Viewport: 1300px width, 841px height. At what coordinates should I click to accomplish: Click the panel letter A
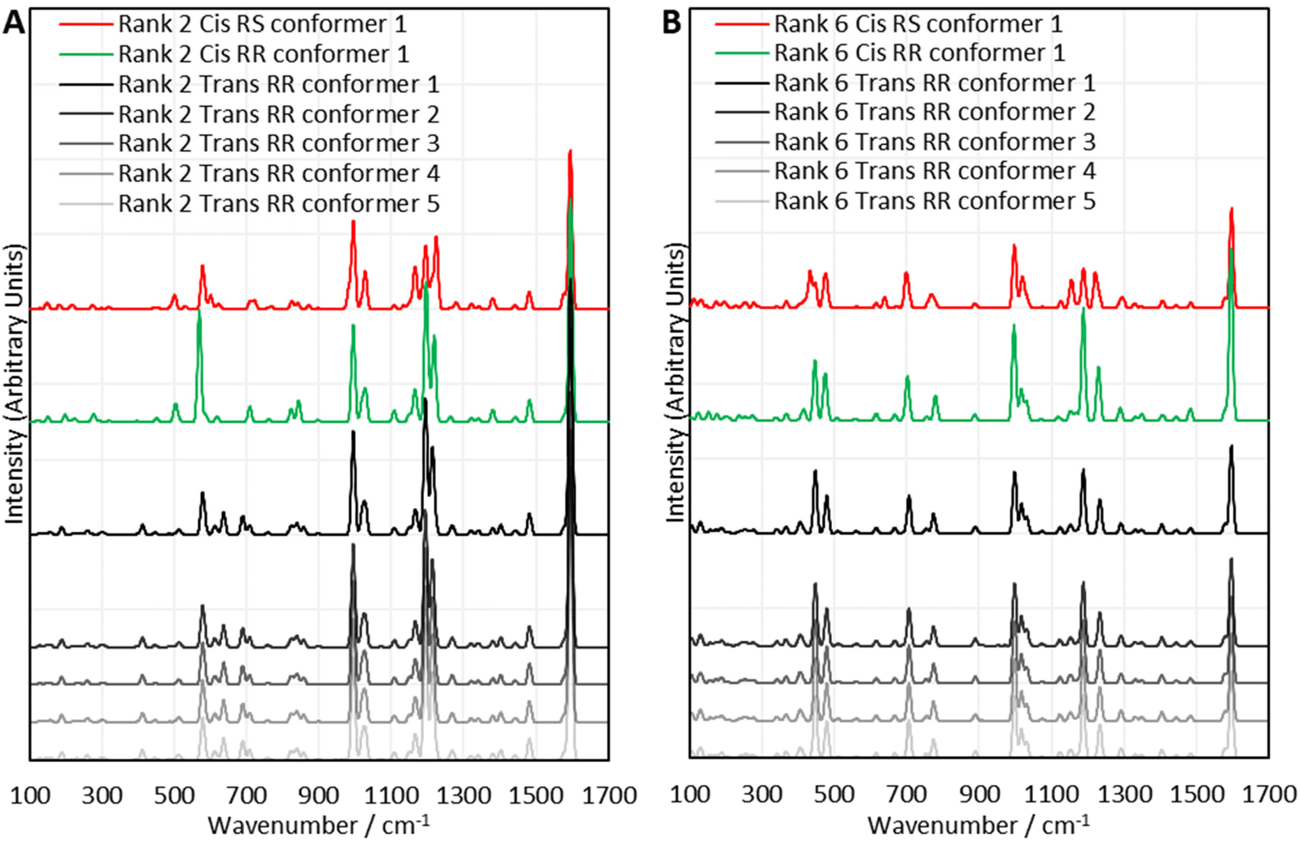[x=14, y=24]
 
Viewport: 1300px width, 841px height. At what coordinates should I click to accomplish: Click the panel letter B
[x=671, y=24]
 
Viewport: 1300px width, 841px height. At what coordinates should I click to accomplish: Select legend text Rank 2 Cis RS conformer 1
[x=262, y=24]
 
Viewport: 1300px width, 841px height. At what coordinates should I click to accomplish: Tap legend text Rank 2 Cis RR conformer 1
[x=263, y=54]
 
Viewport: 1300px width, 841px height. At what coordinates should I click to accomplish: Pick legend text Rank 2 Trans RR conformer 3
[x=278, y=144]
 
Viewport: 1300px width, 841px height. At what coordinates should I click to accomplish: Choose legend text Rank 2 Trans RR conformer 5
[x=278, y=204]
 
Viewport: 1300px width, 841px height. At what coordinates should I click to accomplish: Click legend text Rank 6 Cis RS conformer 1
[x=918, y=24]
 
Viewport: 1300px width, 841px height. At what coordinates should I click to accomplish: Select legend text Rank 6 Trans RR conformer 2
[x=935, y=112]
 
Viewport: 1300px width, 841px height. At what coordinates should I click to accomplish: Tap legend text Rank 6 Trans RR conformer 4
[x=935, y=172]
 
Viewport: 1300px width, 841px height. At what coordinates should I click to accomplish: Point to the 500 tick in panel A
[x=174, y=796]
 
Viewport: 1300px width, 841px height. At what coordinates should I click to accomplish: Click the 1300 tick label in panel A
[x=463, y=796]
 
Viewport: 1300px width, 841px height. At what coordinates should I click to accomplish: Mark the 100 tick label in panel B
[x=690, y=794]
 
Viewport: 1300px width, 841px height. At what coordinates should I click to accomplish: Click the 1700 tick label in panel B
[x=1269, y=794]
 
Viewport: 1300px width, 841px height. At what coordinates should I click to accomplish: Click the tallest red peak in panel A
[x=570, y=152]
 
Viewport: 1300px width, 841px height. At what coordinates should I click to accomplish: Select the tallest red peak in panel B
[x=1231, y=209]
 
